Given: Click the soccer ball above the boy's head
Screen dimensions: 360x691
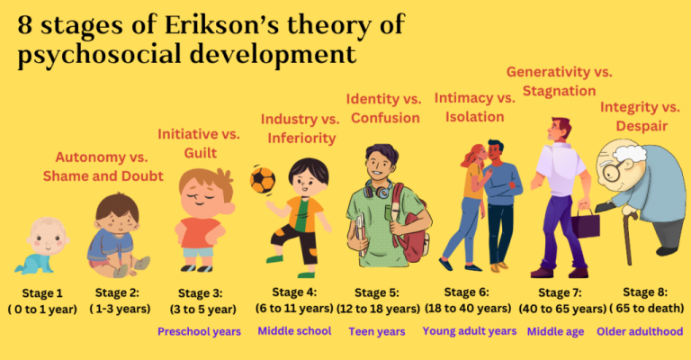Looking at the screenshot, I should pos(262,179).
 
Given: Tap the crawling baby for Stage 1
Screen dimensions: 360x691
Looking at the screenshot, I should pos(42,244).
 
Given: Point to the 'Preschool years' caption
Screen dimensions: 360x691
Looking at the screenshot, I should pos(199,331).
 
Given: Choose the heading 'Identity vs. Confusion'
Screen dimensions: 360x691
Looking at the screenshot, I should pos(383,107).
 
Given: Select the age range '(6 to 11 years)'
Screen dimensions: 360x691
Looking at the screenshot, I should pos(296,308).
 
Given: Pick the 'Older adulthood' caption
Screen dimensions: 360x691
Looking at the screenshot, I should pos(640,331).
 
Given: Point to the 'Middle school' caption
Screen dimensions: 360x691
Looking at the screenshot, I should pos(295,331).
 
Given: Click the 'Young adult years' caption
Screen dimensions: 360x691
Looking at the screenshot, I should pos(470,331).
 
